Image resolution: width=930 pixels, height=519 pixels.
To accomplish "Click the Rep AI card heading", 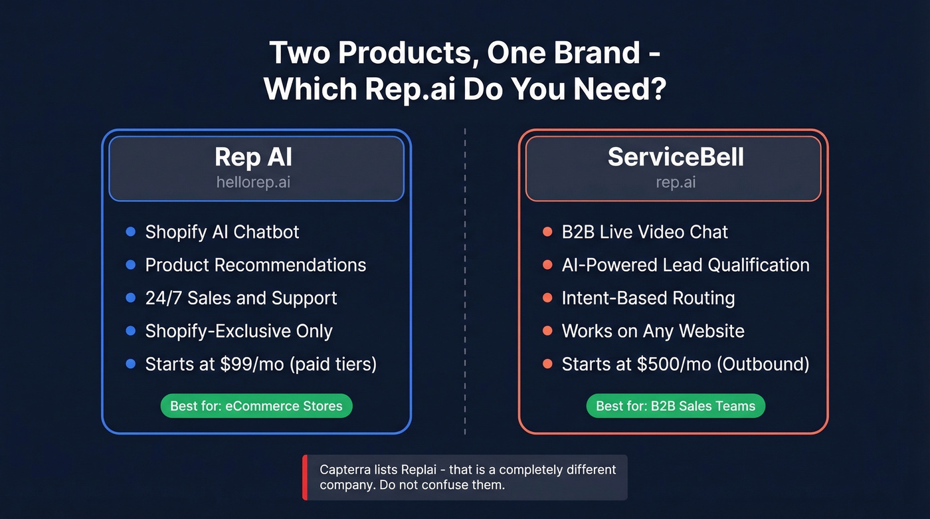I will point(253,157).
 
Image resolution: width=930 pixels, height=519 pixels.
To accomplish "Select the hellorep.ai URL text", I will point(253,182).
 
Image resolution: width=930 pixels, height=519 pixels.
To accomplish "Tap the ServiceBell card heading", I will point(676,157).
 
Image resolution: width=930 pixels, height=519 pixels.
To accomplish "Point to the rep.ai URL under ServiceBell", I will point(676,182).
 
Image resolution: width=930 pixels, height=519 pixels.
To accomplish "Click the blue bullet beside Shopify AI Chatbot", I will point(131,232).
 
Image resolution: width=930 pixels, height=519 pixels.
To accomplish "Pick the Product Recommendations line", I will point(255,265).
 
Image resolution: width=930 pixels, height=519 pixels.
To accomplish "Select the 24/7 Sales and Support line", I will point(241,298).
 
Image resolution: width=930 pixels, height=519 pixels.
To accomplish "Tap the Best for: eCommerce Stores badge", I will point(256,406).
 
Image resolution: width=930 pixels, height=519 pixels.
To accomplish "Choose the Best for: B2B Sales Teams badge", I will point(676,406).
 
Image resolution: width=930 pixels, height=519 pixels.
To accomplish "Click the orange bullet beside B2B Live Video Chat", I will point(547,232).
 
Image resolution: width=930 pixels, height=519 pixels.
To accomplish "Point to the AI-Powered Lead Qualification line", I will point(685,265).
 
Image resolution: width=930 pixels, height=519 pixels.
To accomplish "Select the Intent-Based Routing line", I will point(648,298).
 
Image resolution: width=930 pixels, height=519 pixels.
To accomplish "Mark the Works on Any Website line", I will point(652,331).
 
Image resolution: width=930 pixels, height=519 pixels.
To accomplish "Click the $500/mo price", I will point(653,364).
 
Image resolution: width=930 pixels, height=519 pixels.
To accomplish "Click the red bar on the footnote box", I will point(305,477).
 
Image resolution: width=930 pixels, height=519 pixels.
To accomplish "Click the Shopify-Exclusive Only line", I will point(238,331).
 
